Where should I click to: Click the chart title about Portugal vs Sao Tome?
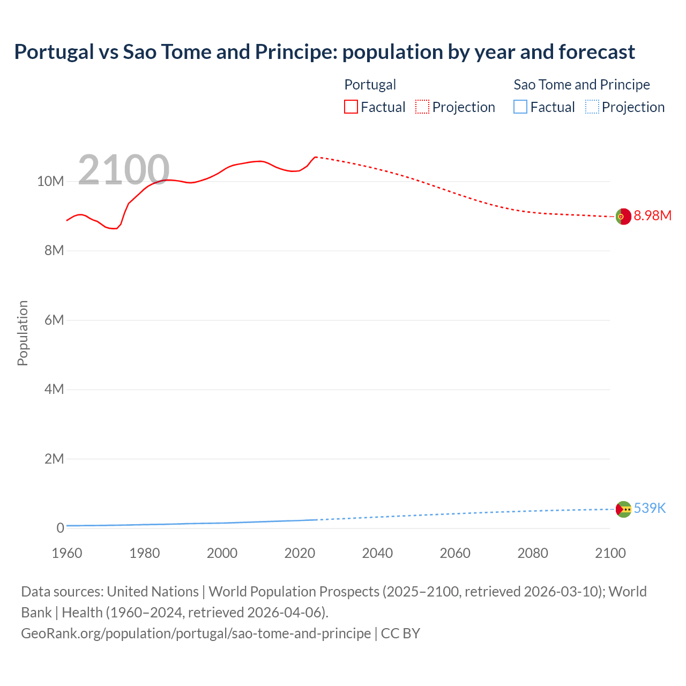pos(324,52)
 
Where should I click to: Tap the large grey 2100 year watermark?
pos(124,170)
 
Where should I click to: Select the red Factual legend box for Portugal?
pos(351,107)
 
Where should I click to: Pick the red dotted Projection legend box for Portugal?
pos(422,107)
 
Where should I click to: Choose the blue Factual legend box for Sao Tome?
pos(520,107)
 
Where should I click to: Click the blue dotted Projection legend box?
pos(592,107)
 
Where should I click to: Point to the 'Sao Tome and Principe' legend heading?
pos(581,85)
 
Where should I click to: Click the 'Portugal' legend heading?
pos(370,85)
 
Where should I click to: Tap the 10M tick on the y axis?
pos(50,182)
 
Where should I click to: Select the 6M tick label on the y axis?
pos(54,320)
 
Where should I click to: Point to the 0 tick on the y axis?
pos(60,528)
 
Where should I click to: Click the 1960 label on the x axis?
pos(67,553)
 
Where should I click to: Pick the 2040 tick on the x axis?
pos(377,553)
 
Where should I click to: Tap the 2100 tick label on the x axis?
pos(610,553)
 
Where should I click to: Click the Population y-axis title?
pos(23,333)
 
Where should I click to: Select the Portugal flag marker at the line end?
pos(623,217)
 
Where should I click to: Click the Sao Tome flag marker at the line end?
pos(623,509)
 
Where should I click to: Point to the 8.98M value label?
pos(652,215)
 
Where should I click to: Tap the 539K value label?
pos(650,508)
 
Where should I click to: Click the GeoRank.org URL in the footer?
pos(196,633)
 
